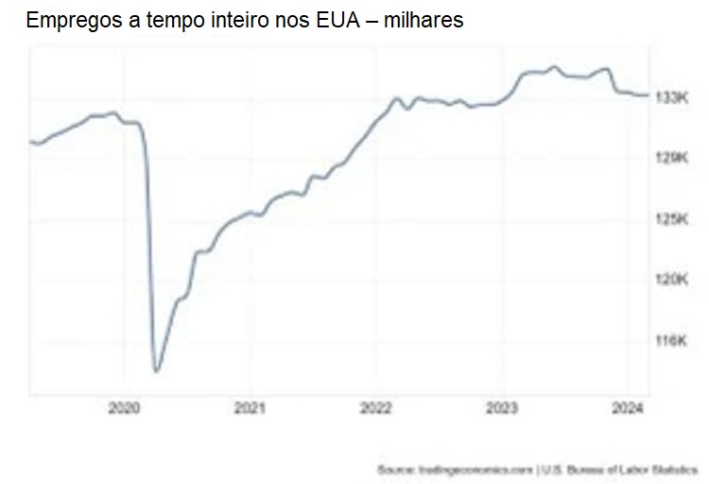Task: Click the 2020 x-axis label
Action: click(125, 408)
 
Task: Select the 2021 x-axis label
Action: click(251, 408)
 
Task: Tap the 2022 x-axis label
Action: click(376, 408)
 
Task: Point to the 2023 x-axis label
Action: click(502, 408)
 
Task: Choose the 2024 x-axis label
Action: click(628, 408)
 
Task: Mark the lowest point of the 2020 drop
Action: click(156, 371)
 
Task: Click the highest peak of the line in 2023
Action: click(554, 67)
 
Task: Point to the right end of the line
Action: click(648, 95)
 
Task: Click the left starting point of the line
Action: click(30, 142)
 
